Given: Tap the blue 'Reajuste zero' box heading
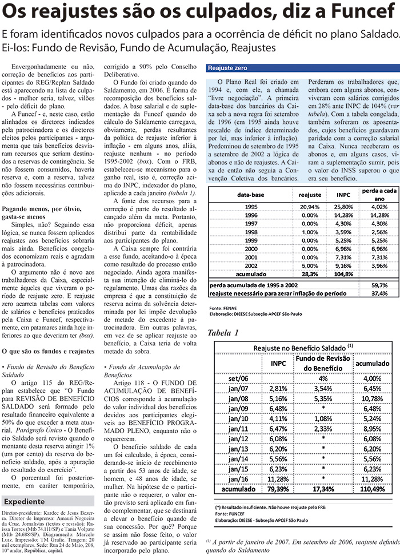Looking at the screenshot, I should pyautogui.click(x=227, y=67).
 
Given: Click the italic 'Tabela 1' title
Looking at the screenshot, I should pyautogui.click(x=223, y=332).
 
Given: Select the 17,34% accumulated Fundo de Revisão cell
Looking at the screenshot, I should pyautogui.click(x=323, y=489).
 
